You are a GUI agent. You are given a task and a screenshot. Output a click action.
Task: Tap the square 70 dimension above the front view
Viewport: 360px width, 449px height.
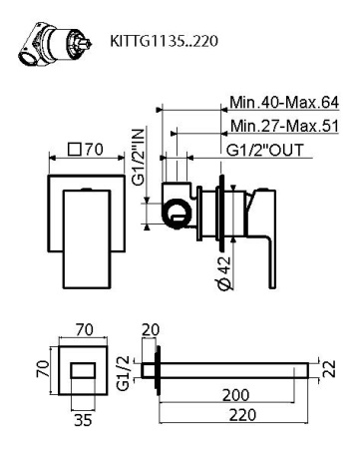coord(85,151)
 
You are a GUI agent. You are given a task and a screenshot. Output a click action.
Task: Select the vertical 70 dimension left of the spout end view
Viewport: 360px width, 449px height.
coord(41,371)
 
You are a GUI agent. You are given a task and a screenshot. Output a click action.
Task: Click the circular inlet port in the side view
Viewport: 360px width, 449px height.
coord(176,211)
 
